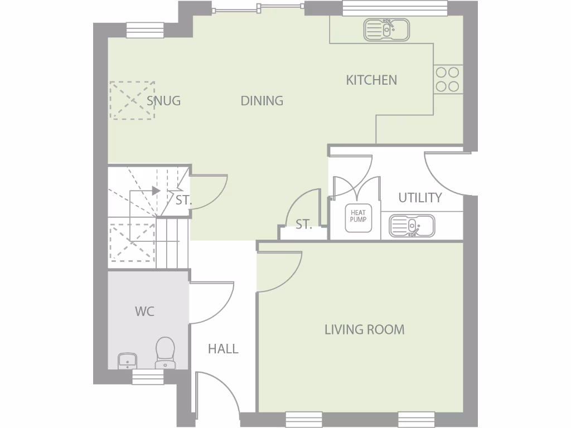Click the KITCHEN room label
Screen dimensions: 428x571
pyautogui.click(x=371, y=80)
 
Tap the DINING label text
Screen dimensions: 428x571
pyautogui.click(x=262, y=101)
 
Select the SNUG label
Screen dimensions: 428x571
pyautogui.click(x=163, y=101)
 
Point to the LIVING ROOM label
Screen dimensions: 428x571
pyautogui.click(x=364, y=329)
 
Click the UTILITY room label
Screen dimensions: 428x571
pyautogui.click(x=420, y=198)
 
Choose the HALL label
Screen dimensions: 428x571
pyautogui.click(x=223, y=349)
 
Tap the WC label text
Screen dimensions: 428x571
pyautogui.click(x=144, y=312)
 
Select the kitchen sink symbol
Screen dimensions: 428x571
pyautogui.click(x=386, y=30)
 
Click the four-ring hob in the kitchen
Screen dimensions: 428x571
pyautogui.click(x=447, y=79)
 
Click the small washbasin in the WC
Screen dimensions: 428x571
pyautogui.click(x=128, y=361)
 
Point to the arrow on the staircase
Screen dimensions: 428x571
pyautogui.click(x=156, y=191)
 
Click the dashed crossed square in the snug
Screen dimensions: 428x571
pyautogui.click(x=132, y=100)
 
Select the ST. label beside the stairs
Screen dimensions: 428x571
pyautogui.click(x=183, y=201)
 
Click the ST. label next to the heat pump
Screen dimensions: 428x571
pyautogui.click(x=303, y=225)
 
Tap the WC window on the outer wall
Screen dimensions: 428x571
pyautogui.click(x=148, y=377)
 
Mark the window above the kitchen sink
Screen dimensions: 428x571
pyautogui.click(x=394, y=7)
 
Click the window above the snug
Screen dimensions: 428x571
pyautogui.click(x=145, y=30)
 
